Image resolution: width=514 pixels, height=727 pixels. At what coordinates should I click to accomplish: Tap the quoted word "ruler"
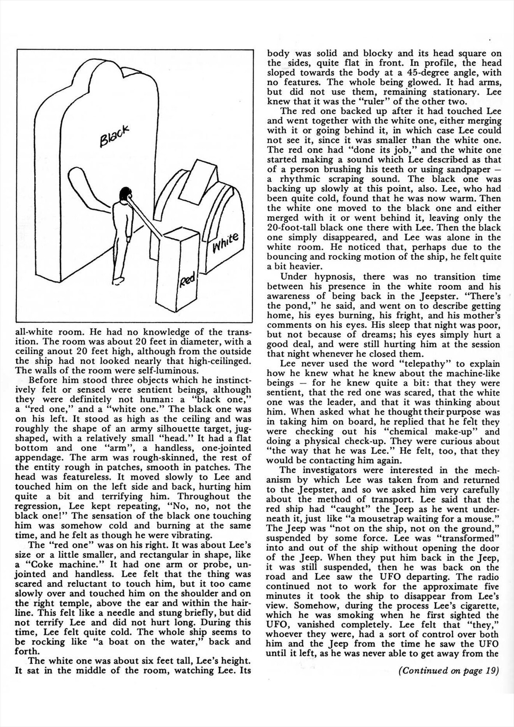pos(353,102)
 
